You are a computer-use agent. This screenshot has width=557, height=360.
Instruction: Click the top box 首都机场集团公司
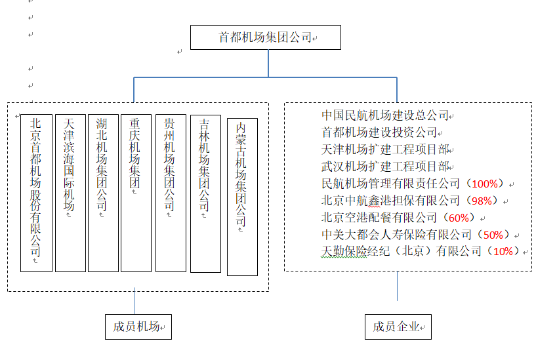click(266, 37)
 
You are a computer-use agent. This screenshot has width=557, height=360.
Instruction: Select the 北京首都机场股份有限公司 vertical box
click(36, 193)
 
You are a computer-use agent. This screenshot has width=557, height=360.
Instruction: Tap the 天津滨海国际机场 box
click(70, 193)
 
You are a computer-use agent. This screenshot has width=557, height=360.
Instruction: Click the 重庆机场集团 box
click(136, 193)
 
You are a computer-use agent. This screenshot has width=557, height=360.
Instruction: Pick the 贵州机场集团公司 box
click(171, 193)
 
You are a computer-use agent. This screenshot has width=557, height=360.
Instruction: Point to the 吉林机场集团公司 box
click(205, 193)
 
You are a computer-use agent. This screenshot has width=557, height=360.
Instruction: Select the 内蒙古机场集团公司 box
click(242, 196)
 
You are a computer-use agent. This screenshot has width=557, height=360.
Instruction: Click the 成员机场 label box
click(138, 327)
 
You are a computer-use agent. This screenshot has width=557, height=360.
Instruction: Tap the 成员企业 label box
click(398, 327)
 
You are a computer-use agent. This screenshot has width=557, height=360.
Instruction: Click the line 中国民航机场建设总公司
click(384, 116)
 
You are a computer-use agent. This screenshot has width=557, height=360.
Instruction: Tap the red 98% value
click(482, 201)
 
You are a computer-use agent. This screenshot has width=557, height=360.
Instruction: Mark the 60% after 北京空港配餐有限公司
click(459, 218)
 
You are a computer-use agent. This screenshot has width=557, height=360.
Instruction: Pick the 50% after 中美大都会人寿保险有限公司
click(493, 235)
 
